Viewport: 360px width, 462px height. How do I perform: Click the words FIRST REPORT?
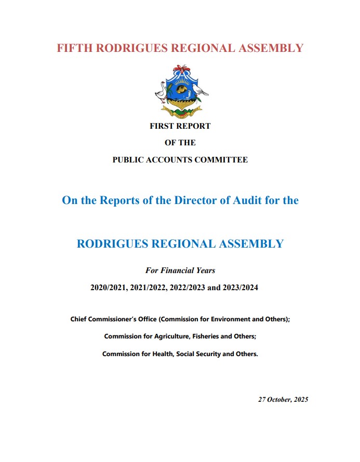pyautogui.click(x=180, y=126)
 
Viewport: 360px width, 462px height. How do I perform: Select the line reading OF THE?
pyautogui.click(x=180, y=143)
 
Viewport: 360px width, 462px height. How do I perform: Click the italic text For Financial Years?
pyautogui.click(x=180, y=270)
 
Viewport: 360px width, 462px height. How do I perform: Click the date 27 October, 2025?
pyautogui.click(x=283, y=399)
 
